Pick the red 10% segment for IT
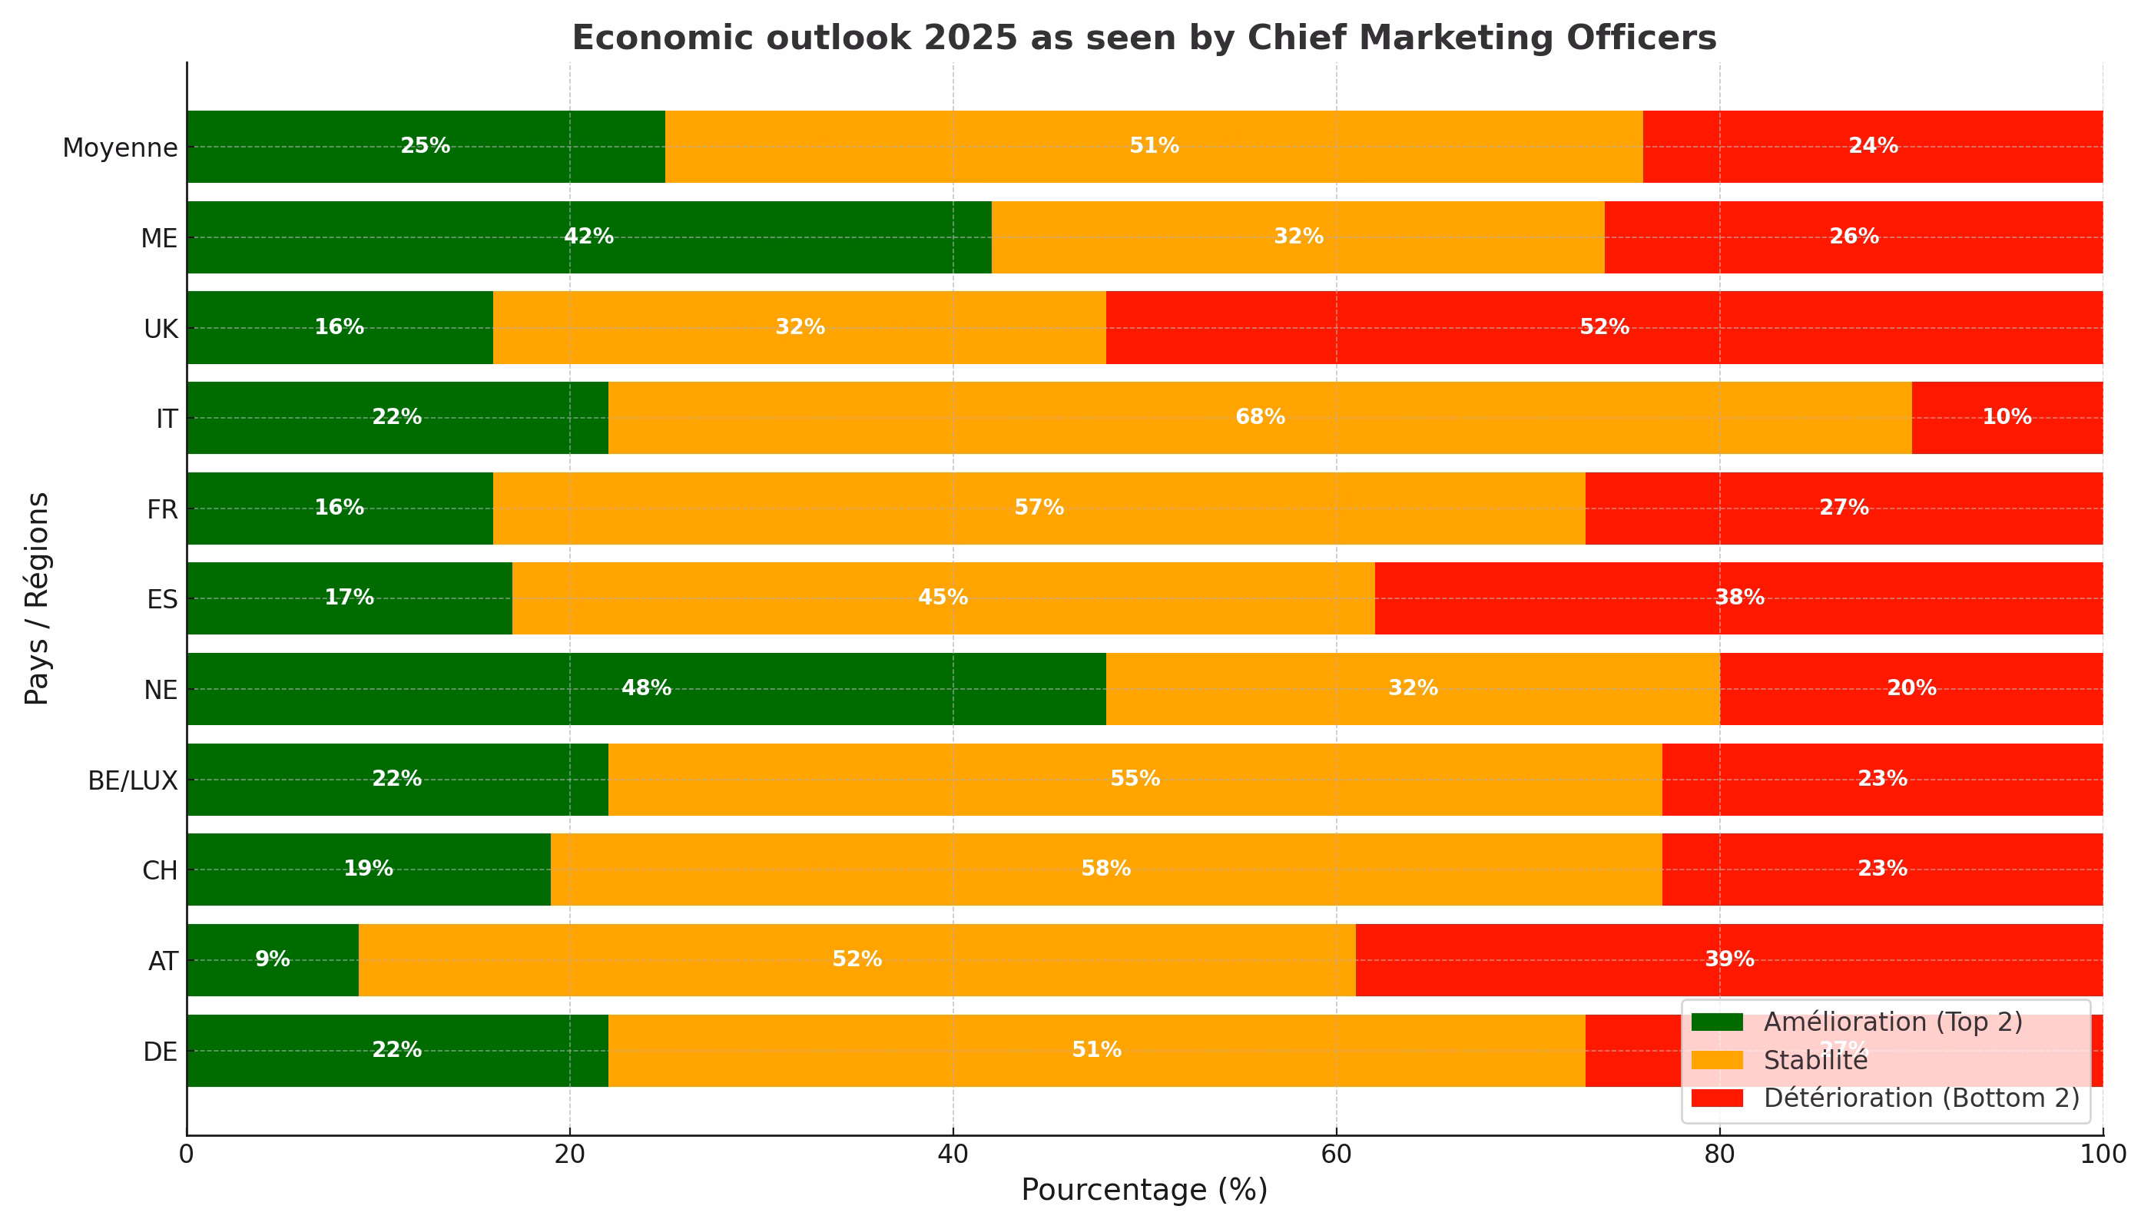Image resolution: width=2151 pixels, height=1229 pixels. [x=2007, y=418]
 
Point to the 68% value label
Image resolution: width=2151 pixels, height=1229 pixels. [x=1260, y=417]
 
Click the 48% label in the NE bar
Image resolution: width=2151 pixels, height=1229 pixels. [x=646, y=688]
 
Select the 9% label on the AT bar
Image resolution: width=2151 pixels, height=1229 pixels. [x=273, y=959]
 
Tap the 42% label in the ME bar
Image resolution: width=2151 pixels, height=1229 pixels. [x=588, y=237]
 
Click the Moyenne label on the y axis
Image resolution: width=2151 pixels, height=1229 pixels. [x=120, y=147]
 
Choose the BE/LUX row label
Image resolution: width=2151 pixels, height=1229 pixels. [x=133, y=780]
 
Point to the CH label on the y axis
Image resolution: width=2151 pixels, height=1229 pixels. [x=160, y=870]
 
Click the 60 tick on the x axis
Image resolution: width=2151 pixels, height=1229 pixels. [x=1337, y=1154]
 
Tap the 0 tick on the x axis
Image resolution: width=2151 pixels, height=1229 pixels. [x=187, y=1154]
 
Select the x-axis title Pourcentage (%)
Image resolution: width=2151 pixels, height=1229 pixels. [x=1144, y=1190]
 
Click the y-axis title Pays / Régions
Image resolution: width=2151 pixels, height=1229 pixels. [x=37, y=598]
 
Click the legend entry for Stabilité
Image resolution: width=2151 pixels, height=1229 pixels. [x=1815, y=1061]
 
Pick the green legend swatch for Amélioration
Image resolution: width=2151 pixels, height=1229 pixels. [x=1716, y=1022]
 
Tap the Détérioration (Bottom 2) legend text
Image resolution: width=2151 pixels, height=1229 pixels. [x=1921, y=1098]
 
